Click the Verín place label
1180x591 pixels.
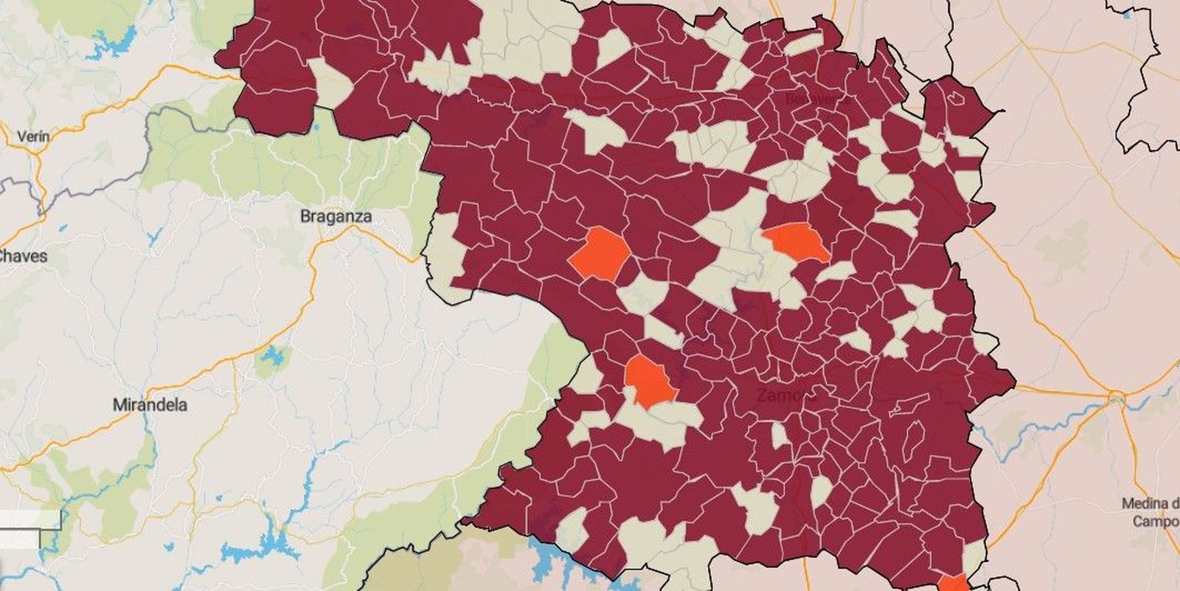click(33, 136)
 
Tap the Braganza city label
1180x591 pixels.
click(336, 217)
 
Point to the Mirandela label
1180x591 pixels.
click(150, 405)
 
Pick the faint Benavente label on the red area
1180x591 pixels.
click(817, 99)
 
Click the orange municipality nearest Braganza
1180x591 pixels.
click(600, 254)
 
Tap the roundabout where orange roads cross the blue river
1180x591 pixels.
click(1114, 398)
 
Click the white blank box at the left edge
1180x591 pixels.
click(29, 519)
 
